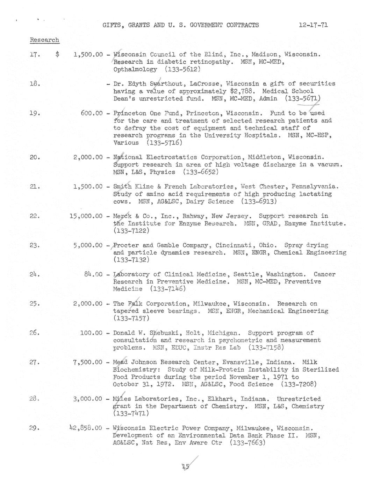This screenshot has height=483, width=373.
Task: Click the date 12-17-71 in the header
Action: pos(313,25)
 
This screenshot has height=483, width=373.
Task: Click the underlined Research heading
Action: pos(44,40)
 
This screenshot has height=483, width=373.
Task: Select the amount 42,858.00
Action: pos(86,428)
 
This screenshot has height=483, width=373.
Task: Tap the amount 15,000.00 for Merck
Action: pos(86,216)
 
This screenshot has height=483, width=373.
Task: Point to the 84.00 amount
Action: pos(93,274)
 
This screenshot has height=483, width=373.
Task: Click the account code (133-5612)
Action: pos(182,69)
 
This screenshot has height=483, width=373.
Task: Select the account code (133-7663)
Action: pos(248,442)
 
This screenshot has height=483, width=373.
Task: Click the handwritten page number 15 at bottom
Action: pos(186,467)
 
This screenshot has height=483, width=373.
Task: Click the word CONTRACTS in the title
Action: pos(242,25)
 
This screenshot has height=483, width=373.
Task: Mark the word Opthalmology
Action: pos(135,69)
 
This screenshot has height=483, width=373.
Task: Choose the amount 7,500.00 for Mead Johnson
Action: pos(88,362)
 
